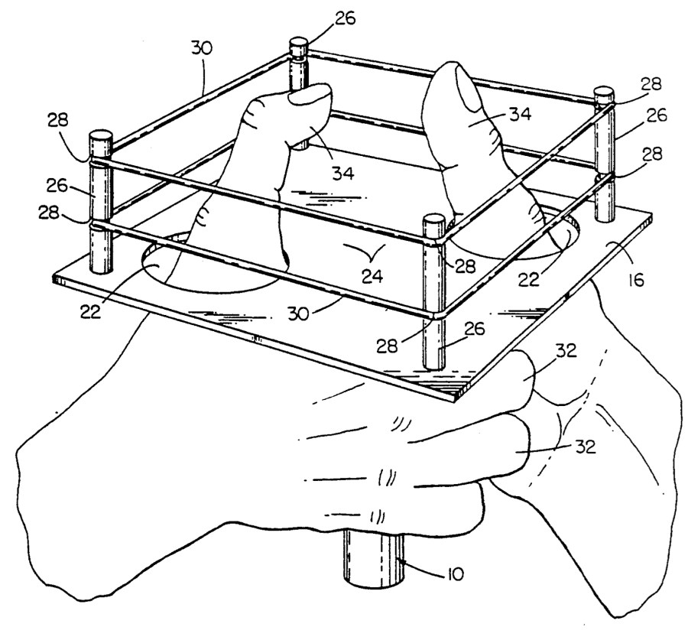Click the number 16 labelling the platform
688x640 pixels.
[636, 279]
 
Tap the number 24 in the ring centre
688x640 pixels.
[372, 276]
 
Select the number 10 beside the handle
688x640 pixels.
[455, 574]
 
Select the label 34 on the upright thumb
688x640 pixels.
[521, 114]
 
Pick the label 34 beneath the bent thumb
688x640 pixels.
[342, 174]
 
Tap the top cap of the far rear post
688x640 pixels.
[299, 44]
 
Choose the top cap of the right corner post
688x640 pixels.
[604, 93]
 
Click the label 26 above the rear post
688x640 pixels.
[345, 19]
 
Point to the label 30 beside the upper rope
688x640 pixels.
[201, 48]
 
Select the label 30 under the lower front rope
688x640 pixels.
[299, 314]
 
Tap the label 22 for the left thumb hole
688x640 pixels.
[91, 311]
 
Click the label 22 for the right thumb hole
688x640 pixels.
[528, 279]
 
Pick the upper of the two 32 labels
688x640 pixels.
[566, 351]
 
